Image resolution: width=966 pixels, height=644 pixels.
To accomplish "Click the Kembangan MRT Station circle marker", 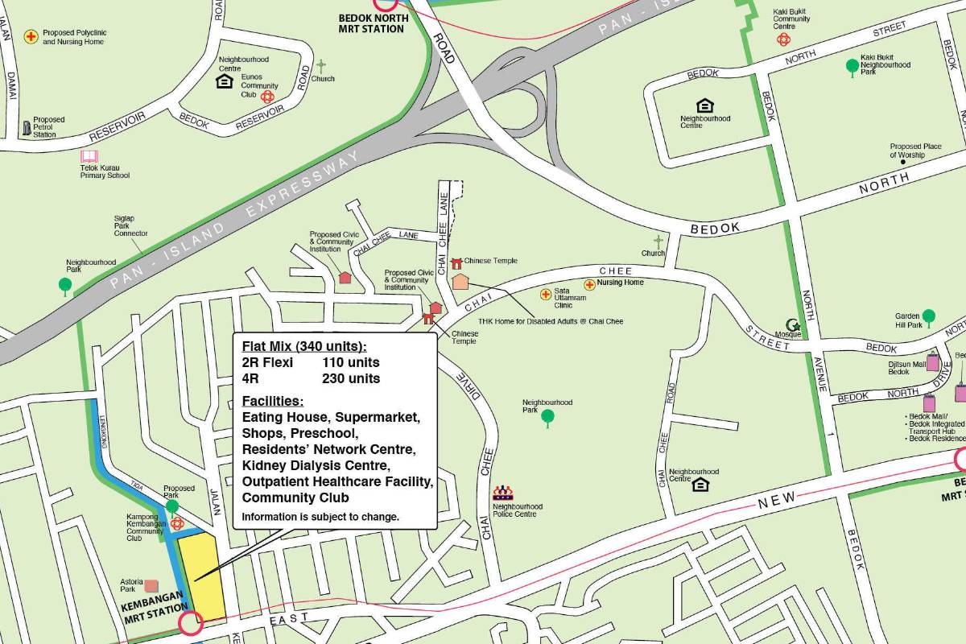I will click(x=191, y=623).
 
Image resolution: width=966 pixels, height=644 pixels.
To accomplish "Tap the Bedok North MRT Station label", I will click(x=372, y=23).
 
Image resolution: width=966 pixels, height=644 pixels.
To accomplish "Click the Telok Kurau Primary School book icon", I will click(x=89, y=156).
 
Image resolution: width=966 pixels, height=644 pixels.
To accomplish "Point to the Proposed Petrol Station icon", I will click(x=27, y=128).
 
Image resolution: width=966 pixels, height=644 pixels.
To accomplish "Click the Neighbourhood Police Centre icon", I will click(x=504, y=493).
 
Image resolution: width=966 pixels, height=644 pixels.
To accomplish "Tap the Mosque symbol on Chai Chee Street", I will click(x=793, y=325).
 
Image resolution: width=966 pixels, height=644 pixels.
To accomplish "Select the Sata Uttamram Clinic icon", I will click(x=546, y=295).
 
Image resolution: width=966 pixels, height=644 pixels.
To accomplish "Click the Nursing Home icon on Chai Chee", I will click(x=589, y=284).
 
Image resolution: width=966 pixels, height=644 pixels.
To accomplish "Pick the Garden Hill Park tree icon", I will click(x=928, y=316).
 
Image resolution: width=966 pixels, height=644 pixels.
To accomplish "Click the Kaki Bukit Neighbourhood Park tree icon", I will click(x=852, y=65).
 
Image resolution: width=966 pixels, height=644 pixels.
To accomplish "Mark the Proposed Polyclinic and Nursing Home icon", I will click(x=31, y=36).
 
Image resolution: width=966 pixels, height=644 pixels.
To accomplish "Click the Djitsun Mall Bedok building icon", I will click(x=932, y=362).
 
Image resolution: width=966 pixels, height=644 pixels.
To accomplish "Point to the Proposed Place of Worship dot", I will click(x=902, y=162).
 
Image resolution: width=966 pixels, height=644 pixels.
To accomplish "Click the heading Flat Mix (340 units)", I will click(x=303, y=347).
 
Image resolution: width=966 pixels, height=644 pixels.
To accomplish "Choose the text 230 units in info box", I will click(x=350, y=378).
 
